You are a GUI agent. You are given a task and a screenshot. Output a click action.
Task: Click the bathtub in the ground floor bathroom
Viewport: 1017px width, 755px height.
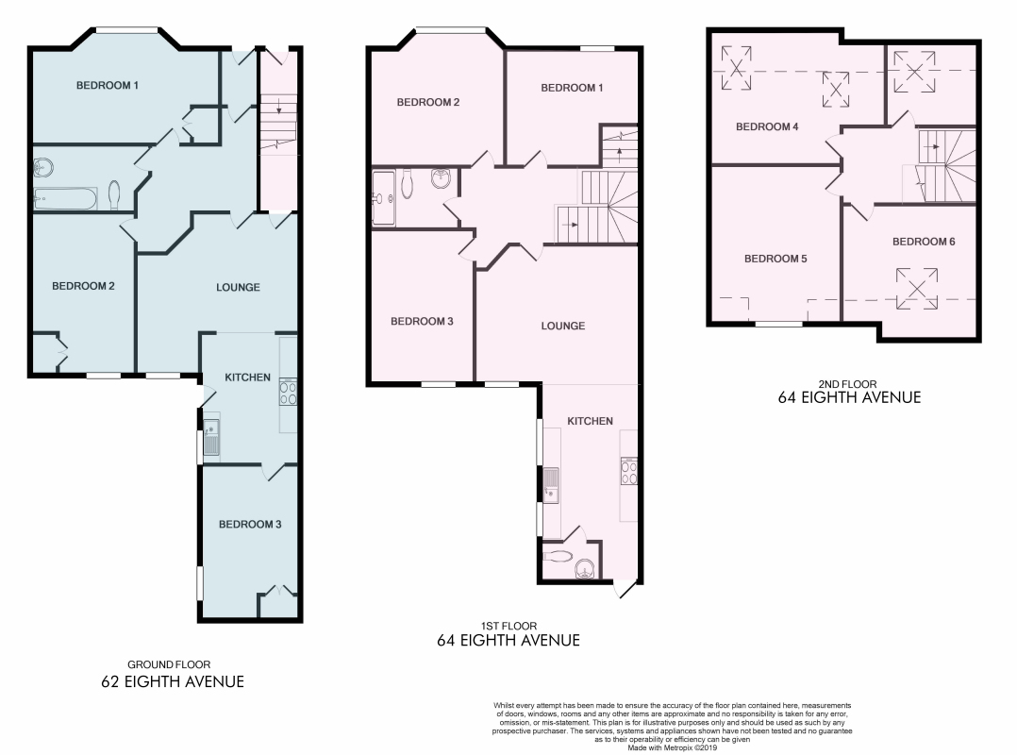pyautogui.click(x=65, y=198)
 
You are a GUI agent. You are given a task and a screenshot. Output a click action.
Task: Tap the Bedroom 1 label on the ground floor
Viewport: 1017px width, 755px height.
pyautogui.click(x=107, y=85)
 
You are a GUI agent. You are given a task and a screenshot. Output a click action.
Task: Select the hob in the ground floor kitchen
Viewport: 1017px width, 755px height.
pyautogui.click(x=288, y=392)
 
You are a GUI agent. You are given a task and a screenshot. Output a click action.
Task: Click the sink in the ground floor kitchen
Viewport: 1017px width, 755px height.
pyautogui.click(x=211, y=437)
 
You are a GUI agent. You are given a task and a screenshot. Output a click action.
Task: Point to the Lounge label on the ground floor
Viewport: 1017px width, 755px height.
pyautogui.click(x=238, y=287)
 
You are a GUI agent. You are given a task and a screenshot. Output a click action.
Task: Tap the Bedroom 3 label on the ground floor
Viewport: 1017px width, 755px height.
pyautogui.click(x=250, y=524)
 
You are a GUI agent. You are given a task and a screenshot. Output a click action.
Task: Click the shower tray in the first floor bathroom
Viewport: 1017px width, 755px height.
pyautogui.click(x=383, y=198)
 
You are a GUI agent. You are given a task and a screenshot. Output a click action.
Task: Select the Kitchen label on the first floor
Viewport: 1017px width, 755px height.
pyautogui.click(x=591, y=421)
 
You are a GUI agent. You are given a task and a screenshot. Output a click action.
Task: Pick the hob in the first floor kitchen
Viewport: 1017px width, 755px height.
pyautogui.click(x=628, y=471)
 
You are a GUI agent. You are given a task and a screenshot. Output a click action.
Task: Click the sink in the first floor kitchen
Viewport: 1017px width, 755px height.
pyautogui.click(x=551, y=485)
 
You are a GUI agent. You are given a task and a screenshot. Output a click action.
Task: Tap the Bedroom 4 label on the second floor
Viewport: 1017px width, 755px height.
pyautogui.click(x=767, y=126)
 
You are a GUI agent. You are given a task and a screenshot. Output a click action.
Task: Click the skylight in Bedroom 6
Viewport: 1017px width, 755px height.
pyautogui.click(x=916, y=289)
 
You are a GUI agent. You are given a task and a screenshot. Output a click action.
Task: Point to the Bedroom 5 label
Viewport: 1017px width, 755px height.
pyautogui.click(x=775, y=259)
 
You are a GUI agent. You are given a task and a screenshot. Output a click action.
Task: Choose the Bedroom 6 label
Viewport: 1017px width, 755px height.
pyautogui.click(x=924, y=242)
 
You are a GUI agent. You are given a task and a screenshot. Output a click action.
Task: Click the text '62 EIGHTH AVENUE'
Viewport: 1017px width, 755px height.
pyautogui.click(x=173, y=681)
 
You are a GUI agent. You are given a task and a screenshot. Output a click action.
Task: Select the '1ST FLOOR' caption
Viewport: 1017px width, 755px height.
pyautogui.click(x=508, y=626)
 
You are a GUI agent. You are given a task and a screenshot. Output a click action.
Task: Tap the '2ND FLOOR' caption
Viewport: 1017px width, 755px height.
pyautogui.click(x=848, y=384)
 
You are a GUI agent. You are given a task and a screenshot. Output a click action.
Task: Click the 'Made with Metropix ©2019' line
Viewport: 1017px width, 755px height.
pyautogui.click(x=672, y=747)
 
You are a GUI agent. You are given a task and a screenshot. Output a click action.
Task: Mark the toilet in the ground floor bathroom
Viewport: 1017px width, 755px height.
pyautogui.click(x=114, y=194)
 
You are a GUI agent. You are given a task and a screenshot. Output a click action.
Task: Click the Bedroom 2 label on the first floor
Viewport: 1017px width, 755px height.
pyautogui.click(x=428, y=102)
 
